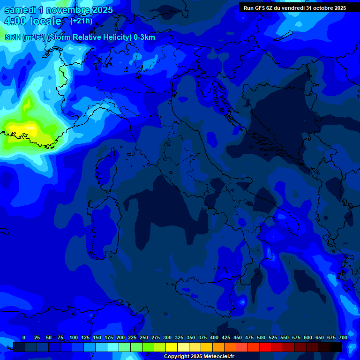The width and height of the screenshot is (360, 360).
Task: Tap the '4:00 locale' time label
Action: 32,21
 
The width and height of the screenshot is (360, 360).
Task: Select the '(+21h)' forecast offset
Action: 81,21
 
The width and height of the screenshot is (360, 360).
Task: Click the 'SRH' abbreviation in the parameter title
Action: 13,37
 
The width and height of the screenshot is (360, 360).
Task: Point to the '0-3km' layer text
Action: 144,37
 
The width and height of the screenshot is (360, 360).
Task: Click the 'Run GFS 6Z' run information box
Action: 295,8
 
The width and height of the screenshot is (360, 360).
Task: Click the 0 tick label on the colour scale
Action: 24,337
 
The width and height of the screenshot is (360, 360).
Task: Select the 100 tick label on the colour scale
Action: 74,337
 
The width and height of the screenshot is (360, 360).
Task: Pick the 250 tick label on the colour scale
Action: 144,337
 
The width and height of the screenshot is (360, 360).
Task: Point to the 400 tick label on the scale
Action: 214,337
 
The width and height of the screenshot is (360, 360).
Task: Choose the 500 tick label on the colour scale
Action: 261,337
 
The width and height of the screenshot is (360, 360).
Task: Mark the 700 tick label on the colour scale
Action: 343,337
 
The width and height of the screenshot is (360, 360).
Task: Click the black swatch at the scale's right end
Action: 336,347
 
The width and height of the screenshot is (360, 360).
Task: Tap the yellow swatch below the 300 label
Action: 172,347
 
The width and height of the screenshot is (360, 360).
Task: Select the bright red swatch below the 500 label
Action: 265,347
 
